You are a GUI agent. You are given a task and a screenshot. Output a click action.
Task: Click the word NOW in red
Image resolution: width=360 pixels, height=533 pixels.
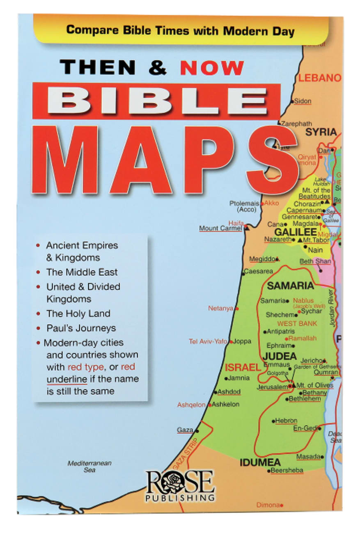coord(212,67)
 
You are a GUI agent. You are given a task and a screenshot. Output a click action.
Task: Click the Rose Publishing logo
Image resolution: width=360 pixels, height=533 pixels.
coord(180,485)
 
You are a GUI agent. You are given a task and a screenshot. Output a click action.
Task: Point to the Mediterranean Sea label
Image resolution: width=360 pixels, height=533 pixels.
coord(89,467)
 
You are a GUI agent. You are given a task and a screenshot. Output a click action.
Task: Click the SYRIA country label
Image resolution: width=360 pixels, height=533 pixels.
coord(321,132)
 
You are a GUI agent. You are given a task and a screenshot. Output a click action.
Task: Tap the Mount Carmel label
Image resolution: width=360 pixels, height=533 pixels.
coord(220,228)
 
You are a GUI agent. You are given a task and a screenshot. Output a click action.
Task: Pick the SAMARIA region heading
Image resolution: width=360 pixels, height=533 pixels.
coord(290,286)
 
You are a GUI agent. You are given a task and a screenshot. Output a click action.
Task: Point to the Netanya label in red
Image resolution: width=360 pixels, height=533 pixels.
coord(220,308)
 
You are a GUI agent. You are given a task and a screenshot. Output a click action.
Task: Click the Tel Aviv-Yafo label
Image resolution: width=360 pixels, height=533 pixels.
coord(208,341)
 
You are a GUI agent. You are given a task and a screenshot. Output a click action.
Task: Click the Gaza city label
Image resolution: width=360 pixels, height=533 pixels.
coord(185,430)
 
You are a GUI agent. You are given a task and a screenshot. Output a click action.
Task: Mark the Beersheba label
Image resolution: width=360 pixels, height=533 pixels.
coord(287,471)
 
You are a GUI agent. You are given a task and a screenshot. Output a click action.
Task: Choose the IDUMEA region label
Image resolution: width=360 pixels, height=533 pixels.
coord(260,462)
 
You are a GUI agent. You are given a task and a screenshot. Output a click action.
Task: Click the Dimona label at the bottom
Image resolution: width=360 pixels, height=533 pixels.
coord(268,505)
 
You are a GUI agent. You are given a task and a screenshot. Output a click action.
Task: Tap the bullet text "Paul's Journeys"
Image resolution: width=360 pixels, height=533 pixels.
coord(81,328)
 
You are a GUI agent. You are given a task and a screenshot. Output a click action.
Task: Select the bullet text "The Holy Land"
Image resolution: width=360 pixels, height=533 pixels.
coord(78,313)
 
